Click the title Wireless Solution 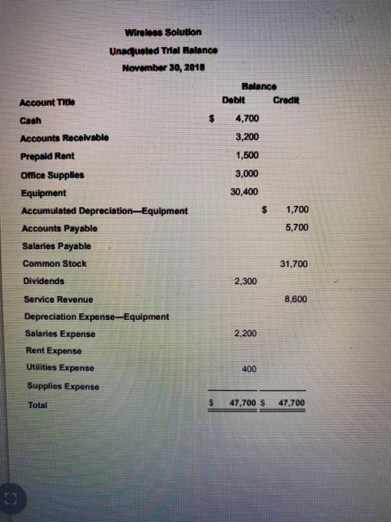(160, 32)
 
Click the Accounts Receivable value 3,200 (246, 137)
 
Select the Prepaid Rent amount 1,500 (246, 155)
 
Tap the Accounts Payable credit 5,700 (296, 227)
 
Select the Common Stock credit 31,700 (293, 263)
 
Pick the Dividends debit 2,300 (246, 281)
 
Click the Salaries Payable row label (57, 245)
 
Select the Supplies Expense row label (59, 386)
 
